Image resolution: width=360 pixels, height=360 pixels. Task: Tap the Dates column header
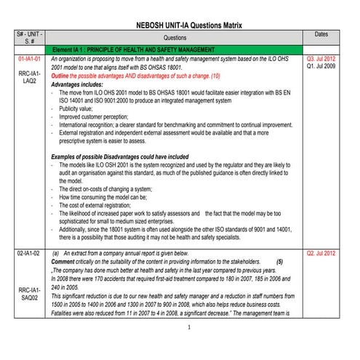pos(322,34)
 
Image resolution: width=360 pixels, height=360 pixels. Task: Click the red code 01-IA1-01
pos(30,57)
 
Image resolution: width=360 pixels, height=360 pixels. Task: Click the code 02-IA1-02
pos(30,252)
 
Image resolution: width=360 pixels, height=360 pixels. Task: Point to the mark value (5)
pos(281,261)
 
